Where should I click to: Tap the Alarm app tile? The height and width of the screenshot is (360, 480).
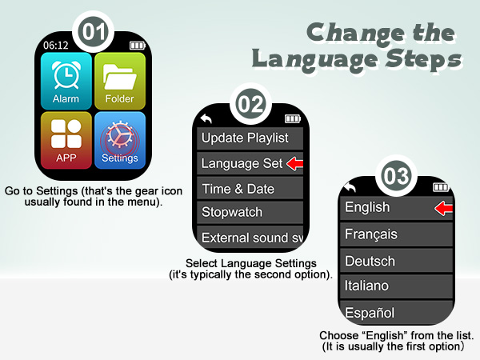coord(66,82)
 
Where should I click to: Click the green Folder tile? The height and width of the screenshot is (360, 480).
coord(119,82)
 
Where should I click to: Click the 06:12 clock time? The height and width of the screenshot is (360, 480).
coord(55,46)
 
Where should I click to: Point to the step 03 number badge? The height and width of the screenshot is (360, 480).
coord(395,176)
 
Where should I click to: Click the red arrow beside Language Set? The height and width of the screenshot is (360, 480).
coord(295,164)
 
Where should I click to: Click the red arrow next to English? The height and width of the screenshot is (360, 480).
coord(443,209)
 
